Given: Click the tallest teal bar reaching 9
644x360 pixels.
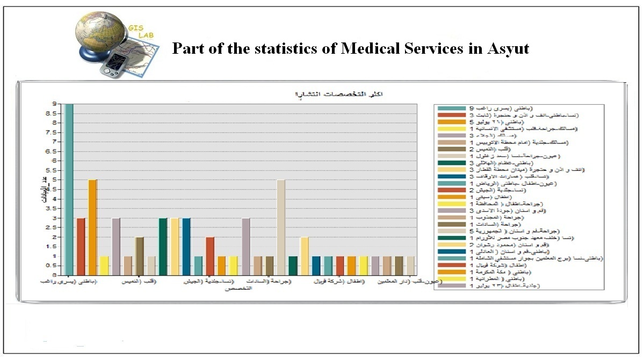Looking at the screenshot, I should [x=69, y=188].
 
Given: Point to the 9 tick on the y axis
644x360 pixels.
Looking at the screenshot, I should [x=54, y=104].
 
